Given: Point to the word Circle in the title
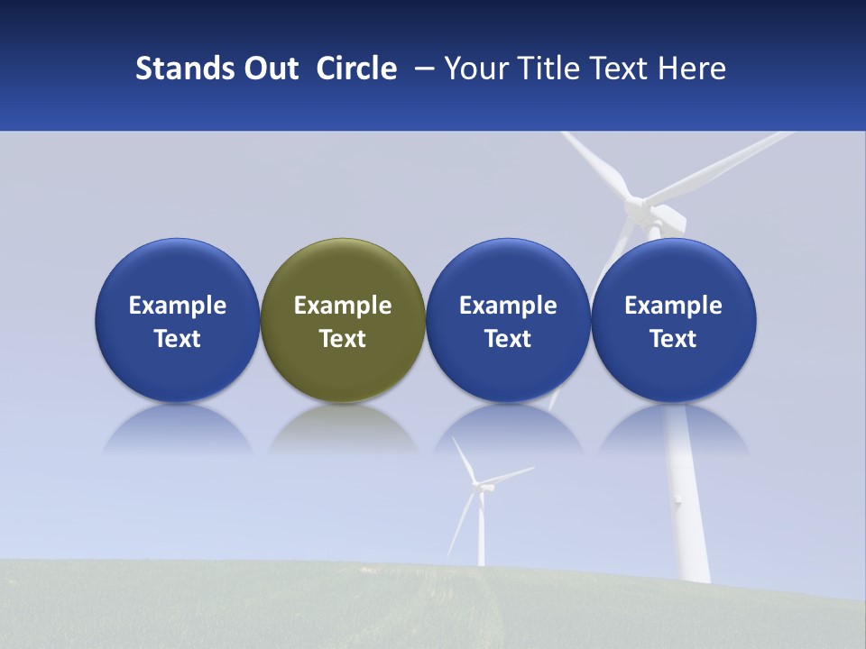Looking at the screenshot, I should point(356,69).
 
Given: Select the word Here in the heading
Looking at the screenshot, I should point(692,69).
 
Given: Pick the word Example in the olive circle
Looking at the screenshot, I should point(343,306).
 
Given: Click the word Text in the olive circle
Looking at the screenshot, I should point(343,339).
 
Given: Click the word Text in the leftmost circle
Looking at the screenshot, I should point(178,339).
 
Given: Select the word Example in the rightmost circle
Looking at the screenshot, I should point(674,306).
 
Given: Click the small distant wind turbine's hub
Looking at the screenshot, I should point(480,487).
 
